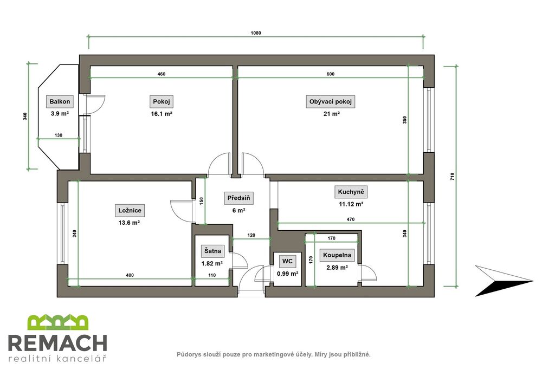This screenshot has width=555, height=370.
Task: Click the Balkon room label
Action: (60, 101)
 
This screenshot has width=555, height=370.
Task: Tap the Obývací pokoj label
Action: (330, 101)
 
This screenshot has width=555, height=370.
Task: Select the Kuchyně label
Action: (351, 192)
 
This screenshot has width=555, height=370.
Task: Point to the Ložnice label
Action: (130, 210)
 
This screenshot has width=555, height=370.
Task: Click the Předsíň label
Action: (238, 198)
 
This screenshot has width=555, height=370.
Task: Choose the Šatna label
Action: (212, 251)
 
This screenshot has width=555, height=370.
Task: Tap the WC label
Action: (287, 261)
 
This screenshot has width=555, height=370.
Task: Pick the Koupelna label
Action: (337, 255)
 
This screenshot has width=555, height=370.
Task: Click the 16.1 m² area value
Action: (162, 114)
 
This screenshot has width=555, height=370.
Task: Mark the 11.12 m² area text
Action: (351, 204)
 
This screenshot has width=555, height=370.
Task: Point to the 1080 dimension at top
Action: (256, 33)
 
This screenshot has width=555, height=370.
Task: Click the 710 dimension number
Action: (452, 177)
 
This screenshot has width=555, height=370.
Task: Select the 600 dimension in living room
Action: (330, 74)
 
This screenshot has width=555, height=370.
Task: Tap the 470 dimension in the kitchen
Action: (351, 219)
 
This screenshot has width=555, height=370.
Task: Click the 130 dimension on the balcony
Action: (59, 135)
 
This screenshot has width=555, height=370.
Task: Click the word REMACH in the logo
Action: (57, 343)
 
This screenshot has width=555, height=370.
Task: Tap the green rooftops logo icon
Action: (58, 322)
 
